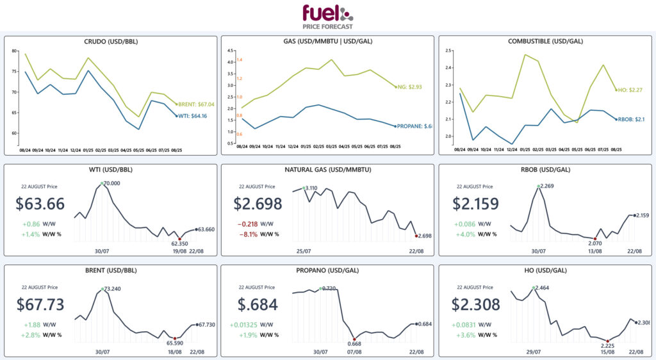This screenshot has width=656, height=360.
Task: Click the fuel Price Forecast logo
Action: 327,16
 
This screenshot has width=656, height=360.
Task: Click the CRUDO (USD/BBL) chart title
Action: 111,42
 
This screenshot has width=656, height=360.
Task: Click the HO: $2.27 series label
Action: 630,90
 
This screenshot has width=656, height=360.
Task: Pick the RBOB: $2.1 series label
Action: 631,119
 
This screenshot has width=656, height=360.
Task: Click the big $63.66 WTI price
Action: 40,204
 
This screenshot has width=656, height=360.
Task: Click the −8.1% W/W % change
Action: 248,234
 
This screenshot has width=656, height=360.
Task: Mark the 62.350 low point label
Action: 177,243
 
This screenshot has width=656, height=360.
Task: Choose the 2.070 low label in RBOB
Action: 595,243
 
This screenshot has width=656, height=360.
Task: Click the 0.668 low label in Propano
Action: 354,344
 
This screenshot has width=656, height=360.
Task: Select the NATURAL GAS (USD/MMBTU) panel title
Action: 327,170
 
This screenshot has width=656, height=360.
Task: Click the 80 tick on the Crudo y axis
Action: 15,51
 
